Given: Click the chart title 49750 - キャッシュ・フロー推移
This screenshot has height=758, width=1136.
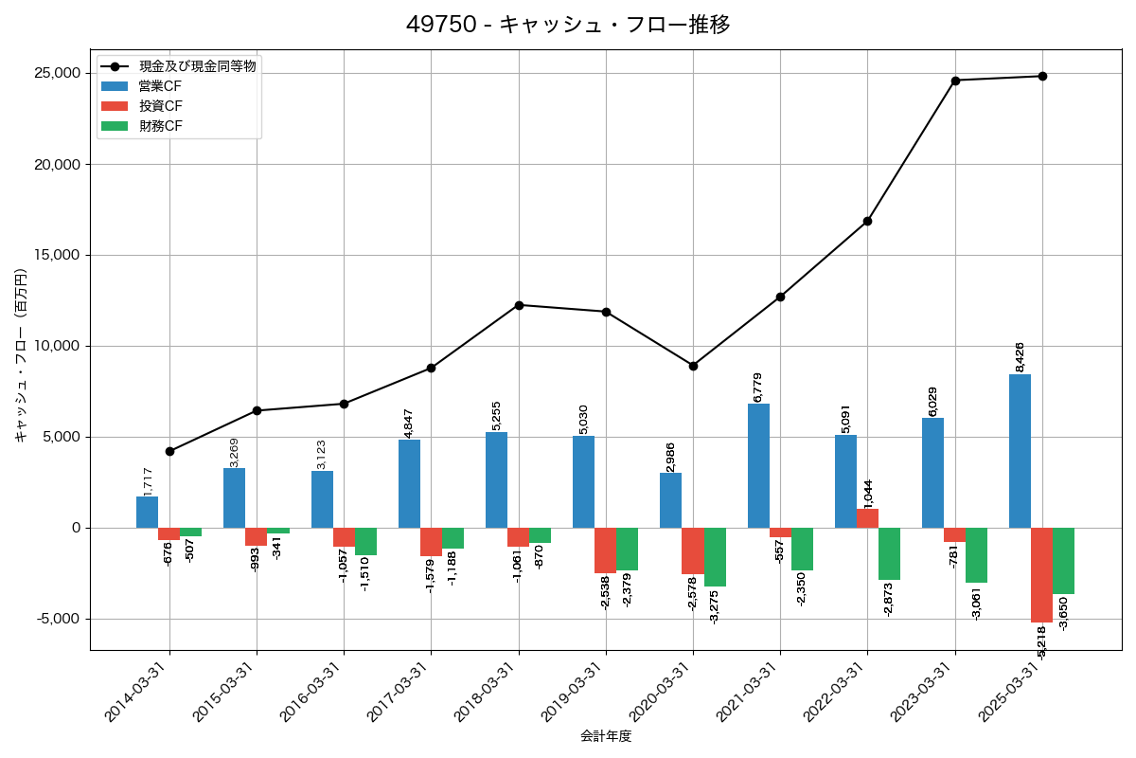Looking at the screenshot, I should coord(568,25).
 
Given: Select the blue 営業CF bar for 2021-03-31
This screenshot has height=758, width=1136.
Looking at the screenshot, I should coord(758,465).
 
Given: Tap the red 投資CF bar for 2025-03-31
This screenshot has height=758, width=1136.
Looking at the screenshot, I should coord(1041,575).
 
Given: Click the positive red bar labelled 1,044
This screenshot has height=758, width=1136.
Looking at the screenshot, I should coord(867,518).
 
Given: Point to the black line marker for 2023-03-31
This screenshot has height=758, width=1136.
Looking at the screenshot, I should coord(955,81).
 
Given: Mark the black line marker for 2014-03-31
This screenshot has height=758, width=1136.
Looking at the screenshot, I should coord(169,451).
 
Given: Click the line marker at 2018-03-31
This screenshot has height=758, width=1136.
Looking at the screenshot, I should coord(519,305).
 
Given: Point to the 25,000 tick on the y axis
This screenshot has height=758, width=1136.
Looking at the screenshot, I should coord(56,73).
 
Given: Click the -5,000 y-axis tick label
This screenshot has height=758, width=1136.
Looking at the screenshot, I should coord(56,619).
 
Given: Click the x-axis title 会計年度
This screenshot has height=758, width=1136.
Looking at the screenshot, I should coord(606,736).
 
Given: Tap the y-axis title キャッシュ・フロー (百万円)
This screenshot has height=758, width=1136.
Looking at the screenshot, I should coord(21,355).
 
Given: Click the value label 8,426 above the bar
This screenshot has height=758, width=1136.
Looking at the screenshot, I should coord(1020,356).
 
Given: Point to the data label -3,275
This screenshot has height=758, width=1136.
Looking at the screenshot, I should coord(715,606).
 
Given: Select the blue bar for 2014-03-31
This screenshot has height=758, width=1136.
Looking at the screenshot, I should coord(147,512).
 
